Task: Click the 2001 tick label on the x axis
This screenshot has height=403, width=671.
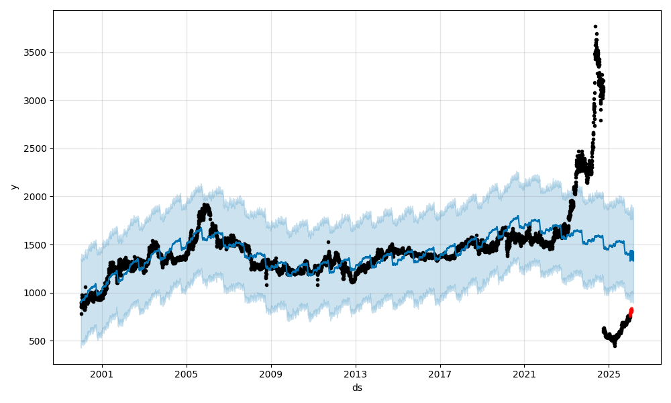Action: pyautogui.click(x=102, y=374)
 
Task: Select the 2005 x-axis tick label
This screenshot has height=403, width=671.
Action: pyautogui.click(x=187, y=374)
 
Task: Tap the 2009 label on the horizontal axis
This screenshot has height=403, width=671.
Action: pyautogui.click(x=271, y=374)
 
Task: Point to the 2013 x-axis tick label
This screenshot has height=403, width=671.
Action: pyautogui.click(x=356, y=374)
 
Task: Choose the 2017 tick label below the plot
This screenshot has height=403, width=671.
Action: pyautogui.click(x=440, y=374)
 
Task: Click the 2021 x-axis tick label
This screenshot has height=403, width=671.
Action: pyautogui.click(x=524, y=374)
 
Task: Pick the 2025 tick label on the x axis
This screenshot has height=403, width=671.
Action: pyautogui.click(x=609, y=374)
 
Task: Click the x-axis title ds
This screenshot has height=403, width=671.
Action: pyautogui.click(x=357, y=388)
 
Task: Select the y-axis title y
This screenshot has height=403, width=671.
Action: pyautogui.click(x=14, y=187)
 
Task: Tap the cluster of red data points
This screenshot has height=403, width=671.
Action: pyautogui.click(x=631, y=312)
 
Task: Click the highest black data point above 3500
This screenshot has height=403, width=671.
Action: pyautogui.click(x=595, y=27)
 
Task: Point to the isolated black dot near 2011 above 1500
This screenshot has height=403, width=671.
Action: pyautogui.click(x=328, y=242)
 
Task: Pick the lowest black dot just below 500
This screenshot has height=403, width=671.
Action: pyautogui.click(x=615, y=346)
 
